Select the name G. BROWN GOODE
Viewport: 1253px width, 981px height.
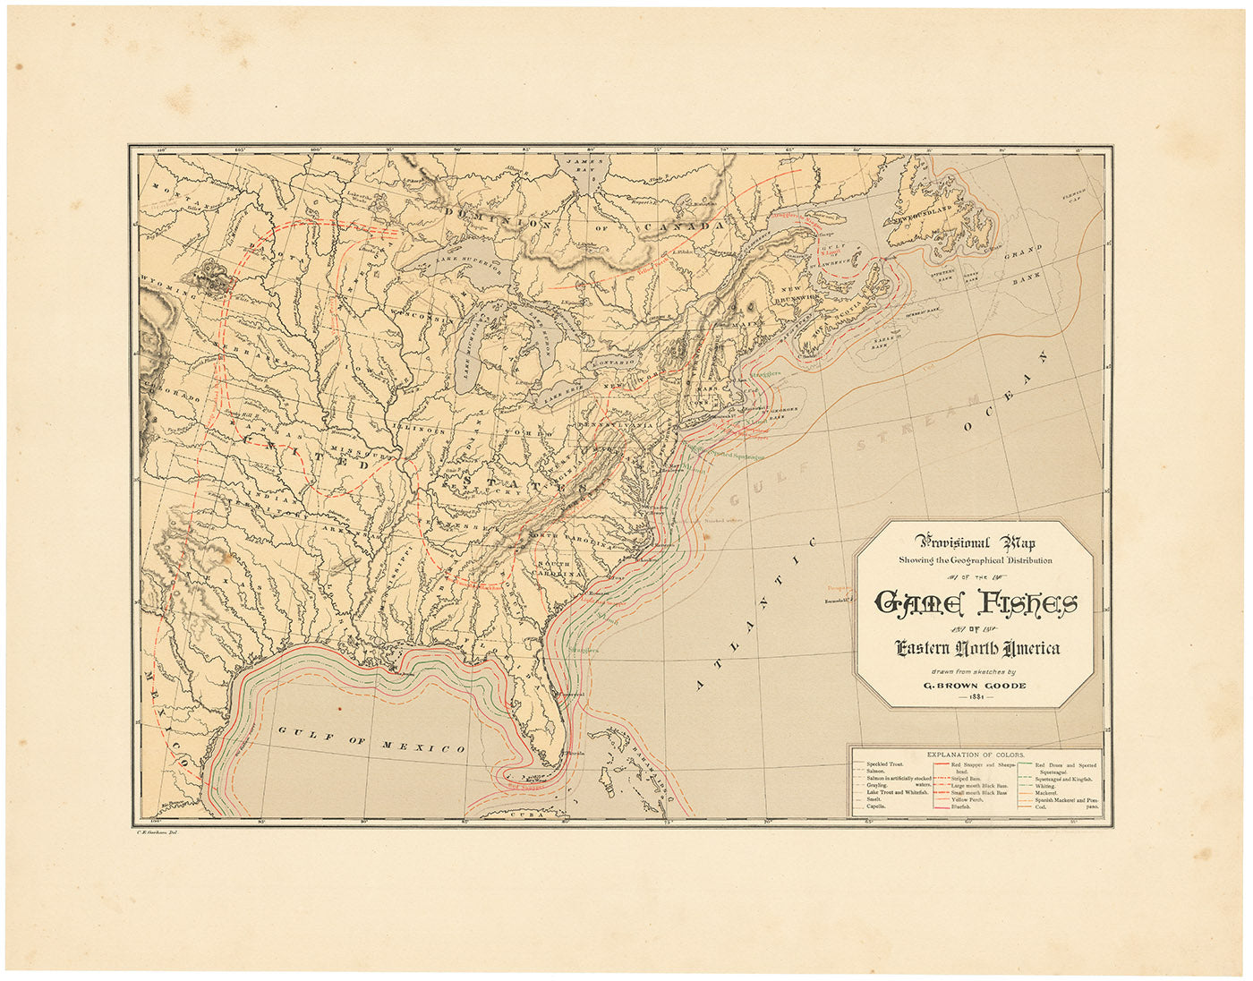tap(975, 686)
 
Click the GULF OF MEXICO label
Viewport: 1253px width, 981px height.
tap(371, 739)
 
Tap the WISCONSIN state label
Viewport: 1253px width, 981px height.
tap(417, 318)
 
